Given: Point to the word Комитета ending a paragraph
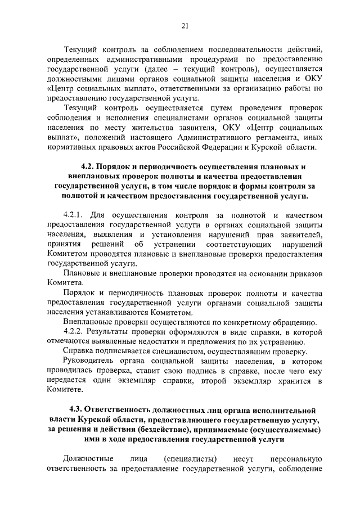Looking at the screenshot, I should [x=65, y=283].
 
